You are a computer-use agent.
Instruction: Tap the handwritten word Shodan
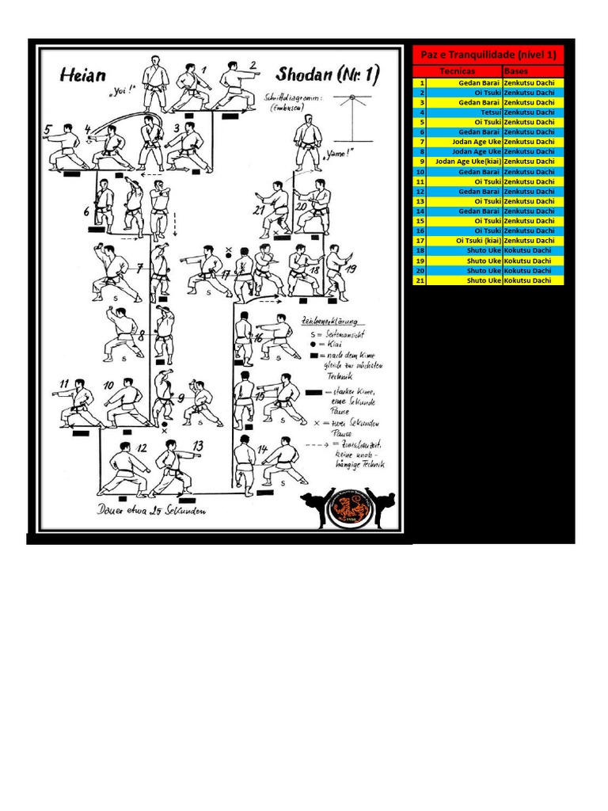pos(305,74)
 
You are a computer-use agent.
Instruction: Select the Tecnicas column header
pos(458,71)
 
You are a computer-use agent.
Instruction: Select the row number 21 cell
pos(420,280)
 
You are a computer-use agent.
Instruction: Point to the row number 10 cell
pos(420,172)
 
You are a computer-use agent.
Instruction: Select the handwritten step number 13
pos(198,446)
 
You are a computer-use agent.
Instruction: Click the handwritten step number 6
pos(86,211)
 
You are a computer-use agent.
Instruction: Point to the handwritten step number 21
pos(259,210)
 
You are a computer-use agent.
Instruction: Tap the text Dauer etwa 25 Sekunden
pos(152,512)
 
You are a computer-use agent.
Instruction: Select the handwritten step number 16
pos(257,337)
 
